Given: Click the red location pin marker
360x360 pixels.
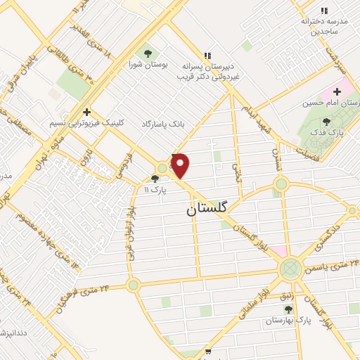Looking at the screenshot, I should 181,165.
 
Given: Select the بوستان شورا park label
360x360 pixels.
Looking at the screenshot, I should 148,65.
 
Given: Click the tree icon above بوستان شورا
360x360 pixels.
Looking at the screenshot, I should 148,52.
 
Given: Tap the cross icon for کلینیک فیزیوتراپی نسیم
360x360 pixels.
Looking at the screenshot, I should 86,111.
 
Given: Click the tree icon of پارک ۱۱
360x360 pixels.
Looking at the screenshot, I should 155,179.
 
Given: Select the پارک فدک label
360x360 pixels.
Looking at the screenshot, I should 345,132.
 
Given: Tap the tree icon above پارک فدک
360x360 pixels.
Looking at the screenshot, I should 345,120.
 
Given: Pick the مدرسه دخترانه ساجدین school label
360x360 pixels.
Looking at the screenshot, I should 324,27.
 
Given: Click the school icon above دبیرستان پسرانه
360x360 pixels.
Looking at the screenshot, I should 207,55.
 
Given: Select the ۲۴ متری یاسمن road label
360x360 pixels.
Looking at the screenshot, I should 333,265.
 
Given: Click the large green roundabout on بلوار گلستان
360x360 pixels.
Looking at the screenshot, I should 289,268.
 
